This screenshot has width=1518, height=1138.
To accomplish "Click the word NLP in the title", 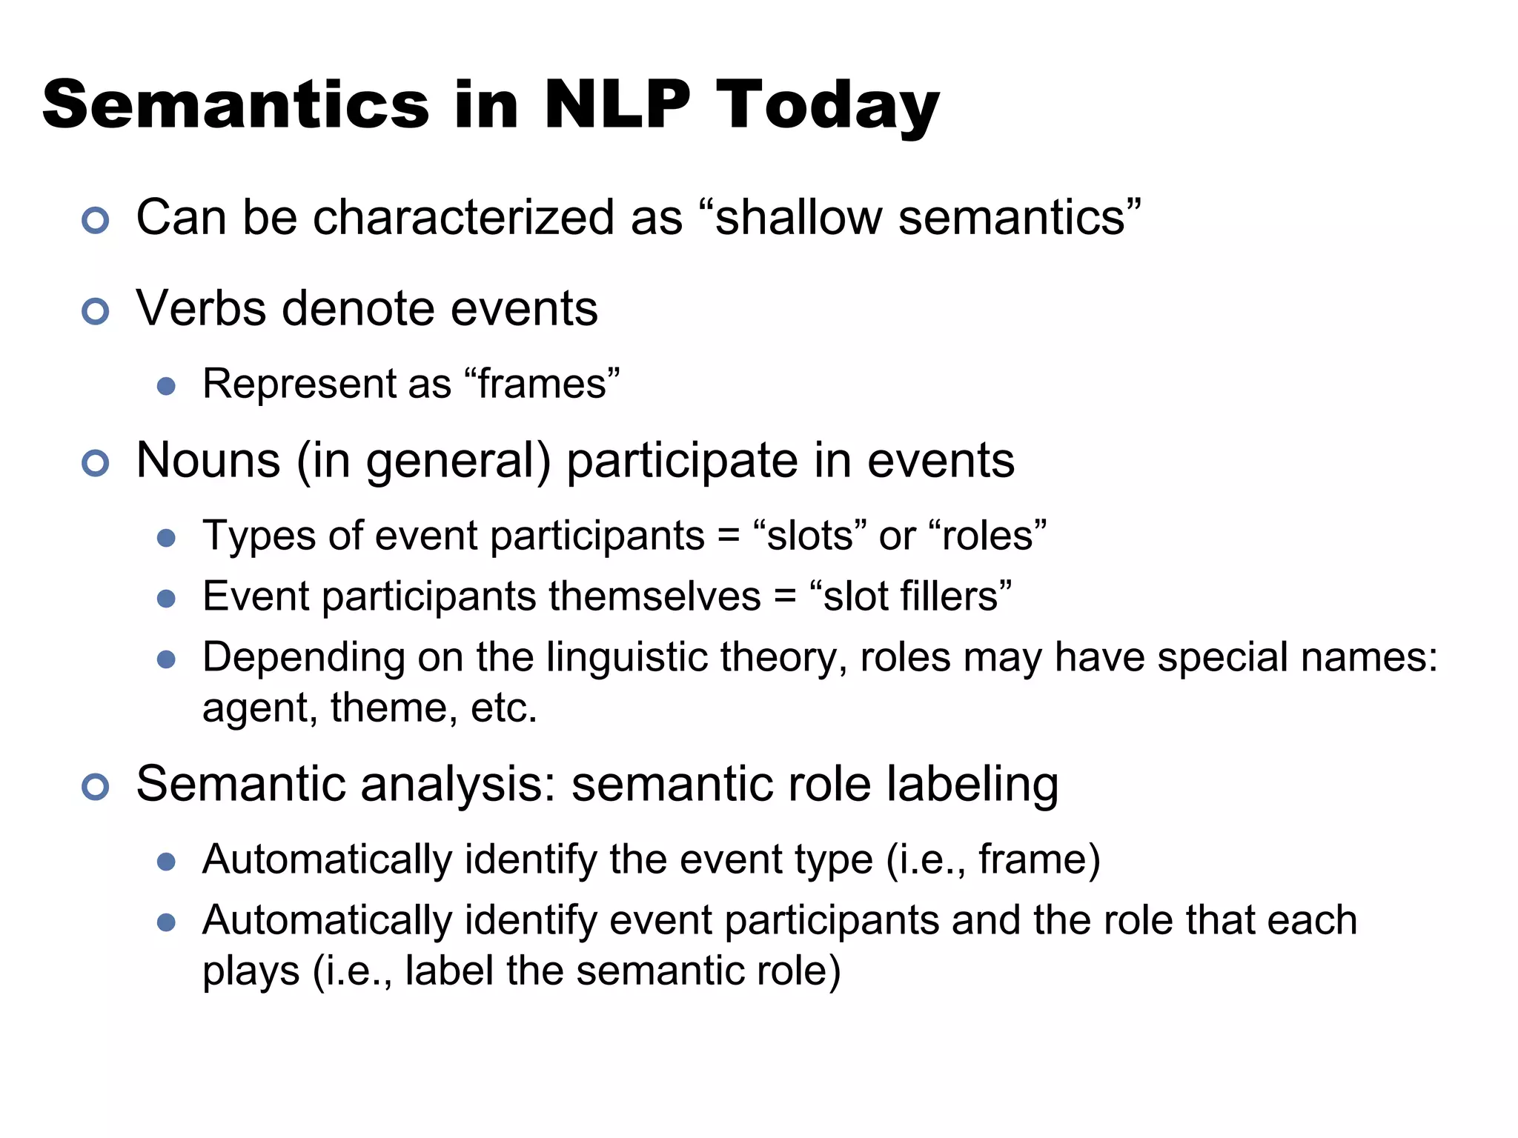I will pos(617,105).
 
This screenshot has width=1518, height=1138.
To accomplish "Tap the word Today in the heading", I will pos(827,105).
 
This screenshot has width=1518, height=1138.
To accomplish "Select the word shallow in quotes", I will pos(798,218).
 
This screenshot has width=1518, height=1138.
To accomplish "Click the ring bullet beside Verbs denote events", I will pos(95,311).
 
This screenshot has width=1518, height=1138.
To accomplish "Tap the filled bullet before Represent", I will pos(166,386).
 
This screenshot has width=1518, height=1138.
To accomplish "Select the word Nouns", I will pos(208,460).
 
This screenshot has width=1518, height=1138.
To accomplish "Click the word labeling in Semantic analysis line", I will pos(972,785).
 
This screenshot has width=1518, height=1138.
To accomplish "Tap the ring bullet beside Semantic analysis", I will pos(95,786).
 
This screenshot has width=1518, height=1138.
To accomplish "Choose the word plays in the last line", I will pos(251,972).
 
